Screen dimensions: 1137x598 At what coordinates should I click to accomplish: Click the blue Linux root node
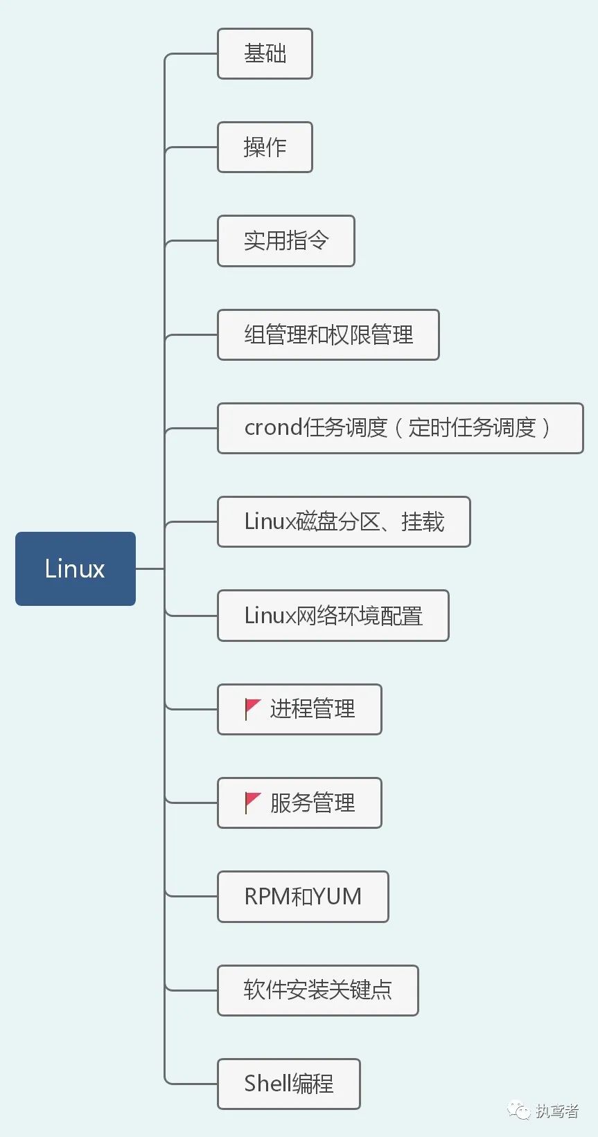[75, 568]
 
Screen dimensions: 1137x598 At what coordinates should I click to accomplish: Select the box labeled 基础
[265, 53]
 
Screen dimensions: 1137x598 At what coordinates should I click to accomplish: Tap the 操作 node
[265, 147]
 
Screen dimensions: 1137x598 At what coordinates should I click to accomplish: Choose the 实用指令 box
[285, 241]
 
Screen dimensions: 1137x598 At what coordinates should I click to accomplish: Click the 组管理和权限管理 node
[328, 334]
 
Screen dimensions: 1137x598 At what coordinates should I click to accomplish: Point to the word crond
[273, 428]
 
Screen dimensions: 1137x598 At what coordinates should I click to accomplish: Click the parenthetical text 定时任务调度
[472, 428]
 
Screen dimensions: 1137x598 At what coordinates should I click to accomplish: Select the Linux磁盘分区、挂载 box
[344, 521]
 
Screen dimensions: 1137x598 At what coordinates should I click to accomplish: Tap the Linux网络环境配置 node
[333, 616]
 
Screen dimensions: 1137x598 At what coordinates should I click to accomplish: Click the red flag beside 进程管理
[252, 708]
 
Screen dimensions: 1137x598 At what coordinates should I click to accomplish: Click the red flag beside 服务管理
[252, 803]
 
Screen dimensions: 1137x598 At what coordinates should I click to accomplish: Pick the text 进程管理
[313, 709]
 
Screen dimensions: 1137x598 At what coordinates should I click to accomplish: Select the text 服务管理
[313, 803]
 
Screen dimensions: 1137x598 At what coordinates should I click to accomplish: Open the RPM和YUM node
[303, 897]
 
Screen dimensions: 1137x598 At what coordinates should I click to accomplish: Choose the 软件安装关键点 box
[317, 990]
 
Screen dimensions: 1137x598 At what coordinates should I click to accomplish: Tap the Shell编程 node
[288, 1084]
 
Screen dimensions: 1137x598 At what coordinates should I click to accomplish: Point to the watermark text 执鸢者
[557, 1111]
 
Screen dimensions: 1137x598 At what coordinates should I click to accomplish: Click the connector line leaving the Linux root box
[150, 568]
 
